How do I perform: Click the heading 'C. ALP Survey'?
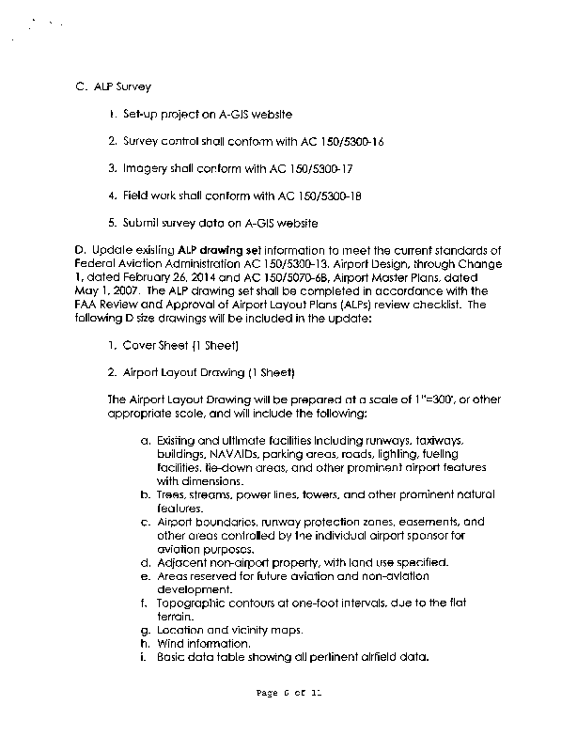(x=112, y=87)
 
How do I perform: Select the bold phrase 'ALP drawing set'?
(x=219, y=250)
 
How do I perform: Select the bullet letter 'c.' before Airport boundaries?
(x=146, y=522)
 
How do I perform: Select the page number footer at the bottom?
(x=288, y=694)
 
